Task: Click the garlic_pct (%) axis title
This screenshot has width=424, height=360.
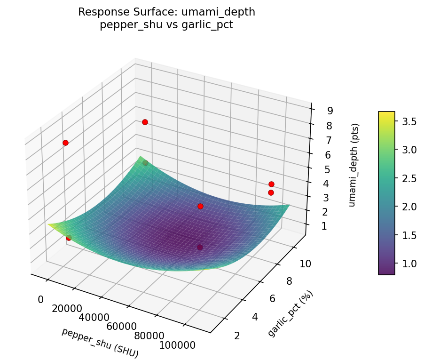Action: (290, 313)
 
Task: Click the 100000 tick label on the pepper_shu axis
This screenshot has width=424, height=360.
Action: (178, 345)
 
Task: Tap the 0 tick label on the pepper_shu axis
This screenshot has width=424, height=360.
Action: (41, 299)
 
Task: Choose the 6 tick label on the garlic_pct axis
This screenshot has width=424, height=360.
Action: (273, 299)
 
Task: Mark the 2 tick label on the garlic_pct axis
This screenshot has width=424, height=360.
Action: (237, 336)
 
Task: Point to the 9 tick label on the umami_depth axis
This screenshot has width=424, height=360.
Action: (330, 111)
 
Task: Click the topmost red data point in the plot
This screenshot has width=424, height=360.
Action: (145, 122)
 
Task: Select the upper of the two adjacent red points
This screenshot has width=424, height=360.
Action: (271, 184)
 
